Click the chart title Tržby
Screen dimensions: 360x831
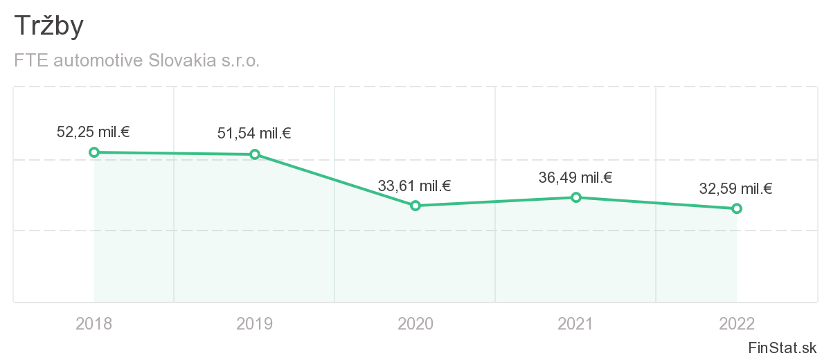(x=48, y=26)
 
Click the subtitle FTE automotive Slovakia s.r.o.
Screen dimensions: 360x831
(x=137, y=61)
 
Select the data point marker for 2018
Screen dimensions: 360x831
(x=94, y=152)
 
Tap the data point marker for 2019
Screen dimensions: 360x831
(x=255, y=154)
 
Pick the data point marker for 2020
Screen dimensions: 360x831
(x=415, y=206)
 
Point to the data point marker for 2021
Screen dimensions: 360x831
(x=575, y=197)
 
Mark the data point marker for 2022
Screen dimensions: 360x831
(x=736, y=208)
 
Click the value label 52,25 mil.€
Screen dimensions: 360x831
(x=94, y=132)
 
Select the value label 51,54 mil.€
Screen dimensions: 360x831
(x=254, y=134)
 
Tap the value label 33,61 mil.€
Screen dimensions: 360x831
(x=415, y=186)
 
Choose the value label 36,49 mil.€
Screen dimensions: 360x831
(x=575, y=177)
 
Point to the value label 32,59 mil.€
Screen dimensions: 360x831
(x=736, y=188)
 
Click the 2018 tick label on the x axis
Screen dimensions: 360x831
(x=94, y=323)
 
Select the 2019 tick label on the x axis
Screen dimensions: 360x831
(x=255, y=323)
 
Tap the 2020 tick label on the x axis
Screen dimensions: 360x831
(x=415, y=323)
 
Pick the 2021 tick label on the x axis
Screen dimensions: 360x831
(x=575, y=323)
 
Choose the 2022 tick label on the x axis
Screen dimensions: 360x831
(x=736, y=323)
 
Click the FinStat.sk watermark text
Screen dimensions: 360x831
(x=782, y=348)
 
